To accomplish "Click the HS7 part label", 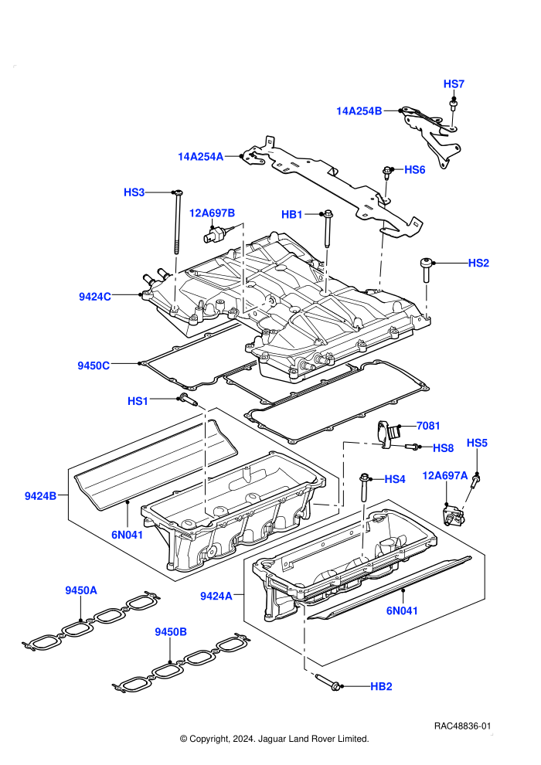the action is [x=454, y=84].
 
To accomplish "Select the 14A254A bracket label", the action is [x=200, y=157].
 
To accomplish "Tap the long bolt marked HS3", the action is [x=177, y=222].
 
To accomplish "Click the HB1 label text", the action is [x=292, y=215].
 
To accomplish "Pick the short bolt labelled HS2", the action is [x=426, y=270].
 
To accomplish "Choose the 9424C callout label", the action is [x=94, y=297].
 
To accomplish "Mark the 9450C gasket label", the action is [x=94, y=365].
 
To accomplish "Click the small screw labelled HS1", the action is [x=188, y=399].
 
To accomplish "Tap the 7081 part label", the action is [x=428, y=426].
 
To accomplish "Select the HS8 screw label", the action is [x=444, y=448].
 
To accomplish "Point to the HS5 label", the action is [x=477, y=443].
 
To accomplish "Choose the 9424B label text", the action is [x=40, y=496].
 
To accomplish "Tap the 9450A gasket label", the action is [x=81, y=590].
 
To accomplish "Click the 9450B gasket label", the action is [x=171, y=632].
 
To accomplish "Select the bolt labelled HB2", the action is [x=328, y=682].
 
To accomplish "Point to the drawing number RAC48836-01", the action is [x=462, y=726].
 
